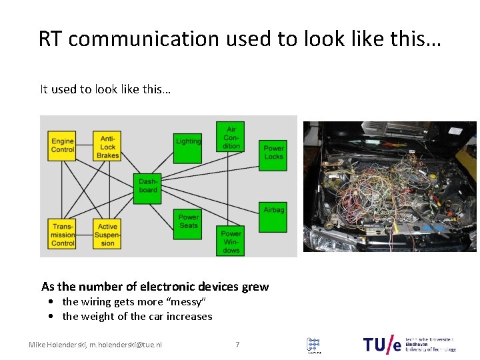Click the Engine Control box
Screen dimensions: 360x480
(x=63, y=145)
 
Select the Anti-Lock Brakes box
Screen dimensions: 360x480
(x=107, y=146)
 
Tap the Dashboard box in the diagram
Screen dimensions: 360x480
(x=149, y=186)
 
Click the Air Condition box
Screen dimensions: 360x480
(x=231, y=137)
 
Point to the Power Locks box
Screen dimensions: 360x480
(x=273, y=153)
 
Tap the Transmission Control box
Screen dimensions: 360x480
(x=63, y=235)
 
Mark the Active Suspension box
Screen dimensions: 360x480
(x=107, y=235)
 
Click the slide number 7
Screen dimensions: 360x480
(x=237, y=345)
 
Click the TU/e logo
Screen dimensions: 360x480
(x=383, y=344)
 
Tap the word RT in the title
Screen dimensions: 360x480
(x=51, y=39)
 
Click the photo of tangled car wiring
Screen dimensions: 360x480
(x=390, y=186)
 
